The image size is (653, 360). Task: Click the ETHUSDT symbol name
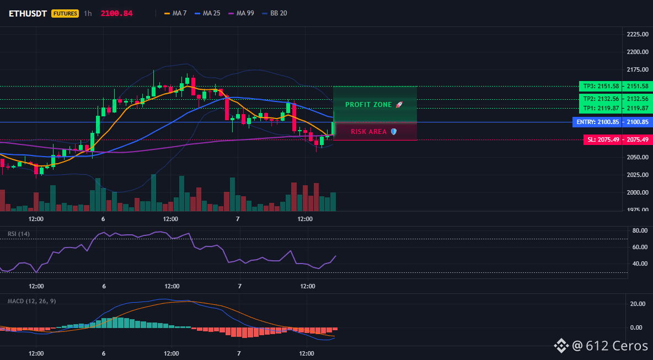pyautogui.click(x=28, y=13)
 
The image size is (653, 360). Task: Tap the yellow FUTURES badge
pyautogui.click(x=65, y=13)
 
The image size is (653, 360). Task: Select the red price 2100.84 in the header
pyautogui.click(x=116, y=13)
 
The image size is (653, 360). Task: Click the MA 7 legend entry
pyautogui.click(x=175, y=13)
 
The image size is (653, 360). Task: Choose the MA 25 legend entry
pyautogui.click(x=207, y=13)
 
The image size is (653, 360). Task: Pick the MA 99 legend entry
pyautogui.click(x=241, y=13)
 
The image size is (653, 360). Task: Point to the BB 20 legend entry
pyautogui.click(x=275, y=13)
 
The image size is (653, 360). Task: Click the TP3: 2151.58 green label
pyautogui.click(x=600, y=86)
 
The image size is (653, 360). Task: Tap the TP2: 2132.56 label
pyautogui.click(x=600, y=99)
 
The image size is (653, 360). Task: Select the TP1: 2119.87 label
pyautogui.click(x=600, y=108)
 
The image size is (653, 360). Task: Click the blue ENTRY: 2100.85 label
pyautogui.click(x=597, y=122)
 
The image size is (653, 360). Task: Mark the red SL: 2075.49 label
pyautogui.click(x=603, y=140)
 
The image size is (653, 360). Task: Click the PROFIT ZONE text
pyautogui.click(x=369, y=105)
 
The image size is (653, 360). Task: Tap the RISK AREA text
pyautogui.click(x=369, y=132)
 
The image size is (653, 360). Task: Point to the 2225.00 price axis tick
pyautogui.click(x=638, y=35)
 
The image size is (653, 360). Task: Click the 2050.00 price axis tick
pyautogui.click(x=638, y=157)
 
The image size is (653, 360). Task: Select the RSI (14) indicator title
pyautogui.click(x=19, y=234)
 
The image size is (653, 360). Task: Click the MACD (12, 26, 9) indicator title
pyautogui.click(x=31, y=301)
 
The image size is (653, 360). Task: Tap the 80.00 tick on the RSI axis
pyautogui.click(x=640, y=230)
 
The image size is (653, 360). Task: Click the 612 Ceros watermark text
pyautogui.click(x=617, y=346)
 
